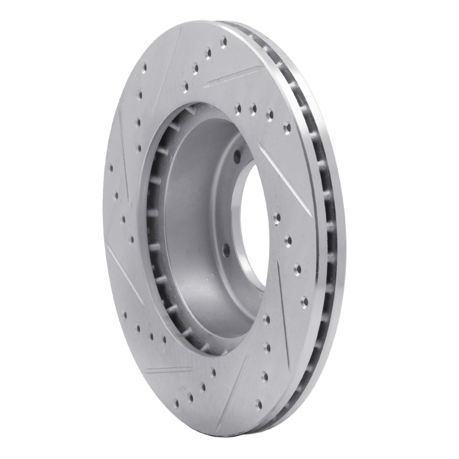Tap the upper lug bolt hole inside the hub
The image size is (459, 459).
click(236, 153)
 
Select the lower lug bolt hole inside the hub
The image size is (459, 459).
click(226, 251)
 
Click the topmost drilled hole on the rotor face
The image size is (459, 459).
click(223, 41)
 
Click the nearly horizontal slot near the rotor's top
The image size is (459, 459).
click(232, 76)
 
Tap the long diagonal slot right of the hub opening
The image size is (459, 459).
click(284, 178)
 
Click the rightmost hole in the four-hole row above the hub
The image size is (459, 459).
click(287, 127)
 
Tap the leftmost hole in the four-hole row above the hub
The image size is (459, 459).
click(238, 107)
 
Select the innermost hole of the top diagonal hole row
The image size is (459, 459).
click(185, 88)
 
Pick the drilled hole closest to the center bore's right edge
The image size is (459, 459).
click(277, 218)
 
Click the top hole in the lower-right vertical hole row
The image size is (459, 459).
click(266, 319)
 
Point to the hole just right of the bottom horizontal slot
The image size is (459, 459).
click(213, 372)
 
